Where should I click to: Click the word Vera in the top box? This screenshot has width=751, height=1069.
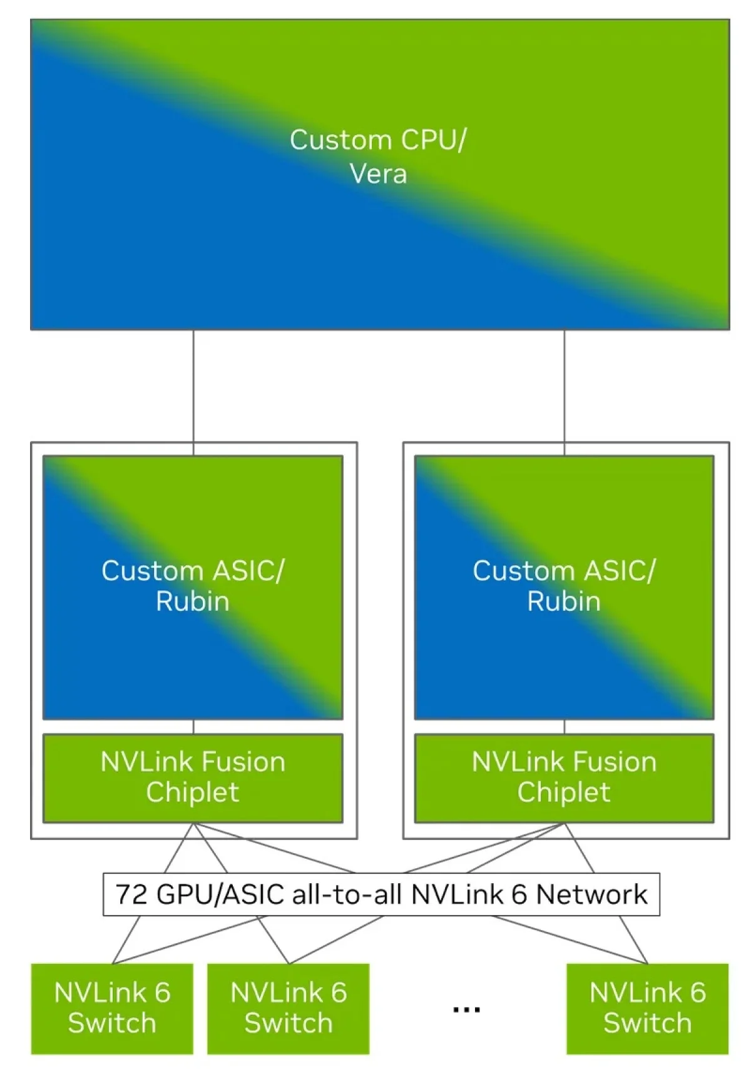pos(378,174)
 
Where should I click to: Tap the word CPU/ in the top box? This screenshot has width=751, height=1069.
pos(433,140)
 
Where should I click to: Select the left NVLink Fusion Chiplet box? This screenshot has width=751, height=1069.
pos(193,777)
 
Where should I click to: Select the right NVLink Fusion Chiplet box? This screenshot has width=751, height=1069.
pos(564,777)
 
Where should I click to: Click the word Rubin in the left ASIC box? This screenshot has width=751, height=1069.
pos(192,601)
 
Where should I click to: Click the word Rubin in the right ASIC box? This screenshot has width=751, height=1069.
pos(563,601)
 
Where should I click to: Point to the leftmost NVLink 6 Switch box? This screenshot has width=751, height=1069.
pos(112,1008)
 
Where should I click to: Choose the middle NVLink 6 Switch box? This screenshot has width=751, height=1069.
pos(289,1008)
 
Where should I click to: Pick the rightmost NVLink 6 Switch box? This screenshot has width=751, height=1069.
pos(647,1008)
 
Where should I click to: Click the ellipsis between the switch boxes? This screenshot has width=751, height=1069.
pos(466,1010)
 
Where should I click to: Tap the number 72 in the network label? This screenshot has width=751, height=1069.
pos(131,894)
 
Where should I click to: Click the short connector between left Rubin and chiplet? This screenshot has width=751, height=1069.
pos(193,727)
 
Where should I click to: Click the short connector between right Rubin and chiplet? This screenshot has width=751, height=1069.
pos(565,727)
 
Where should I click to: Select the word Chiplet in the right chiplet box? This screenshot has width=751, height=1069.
pos(563,792)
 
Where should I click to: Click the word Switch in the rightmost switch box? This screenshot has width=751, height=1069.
pos(647,1023)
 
